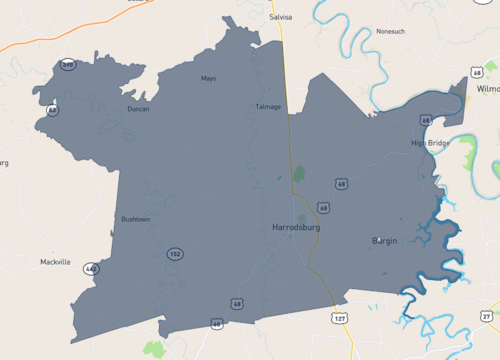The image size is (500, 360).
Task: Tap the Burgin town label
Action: point(385,241)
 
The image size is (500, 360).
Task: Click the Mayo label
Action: point(208,78)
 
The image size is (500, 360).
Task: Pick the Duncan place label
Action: point(138,109)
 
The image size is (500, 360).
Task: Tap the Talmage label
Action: point(268,106)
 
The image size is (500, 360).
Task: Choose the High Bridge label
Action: point(431,143)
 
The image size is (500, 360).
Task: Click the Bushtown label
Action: point(135,218)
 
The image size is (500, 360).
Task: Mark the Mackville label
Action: point(55,262)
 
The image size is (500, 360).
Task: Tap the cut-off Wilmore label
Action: point(488,89)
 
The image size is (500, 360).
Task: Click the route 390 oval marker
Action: point(68,65)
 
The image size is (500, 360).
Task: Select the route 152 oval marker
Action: point(175,254)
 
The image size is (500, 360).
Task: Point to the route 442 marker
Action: point(92,269)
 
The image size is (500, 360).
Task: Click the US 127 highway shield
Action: point(339,318)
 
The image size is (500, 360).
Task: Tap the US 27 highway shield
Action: point(487,317)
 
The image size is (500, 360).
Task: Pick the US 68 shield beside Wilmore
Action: point(477,72)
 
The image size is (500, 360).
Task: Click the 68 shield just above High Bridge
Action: point(426,120)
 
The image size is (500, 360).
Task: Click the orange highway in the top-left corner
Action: point(60,30)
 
